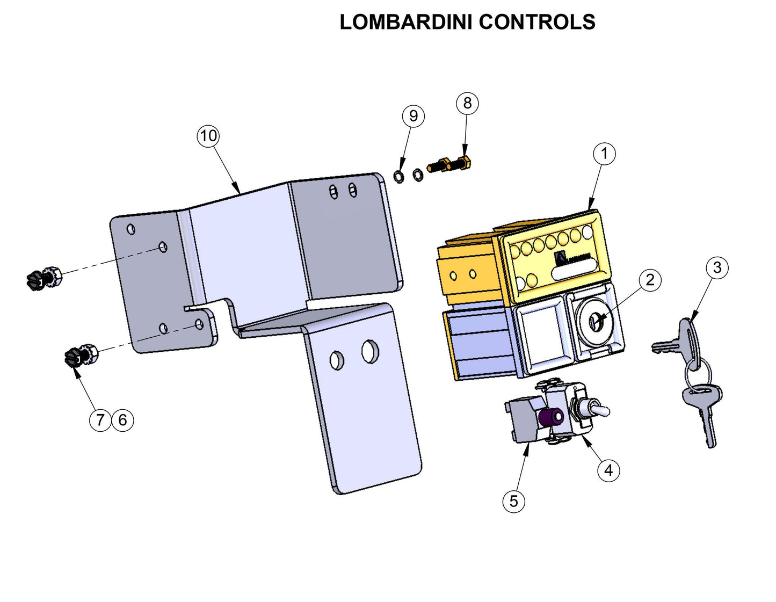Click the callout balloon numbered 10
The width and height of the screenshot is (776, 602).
point(208,136)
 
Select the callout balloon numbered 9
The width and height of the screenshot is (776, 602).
point(413,116)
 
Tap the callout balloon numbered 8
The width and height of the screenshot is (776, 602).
point(467,103)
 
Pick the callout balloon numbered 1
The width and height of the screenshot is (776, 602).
point(604,154)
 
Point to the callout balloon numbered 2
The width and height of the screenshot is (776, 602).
point(650,280)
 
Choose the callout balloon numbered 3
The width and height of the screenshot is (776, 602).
point(717,267)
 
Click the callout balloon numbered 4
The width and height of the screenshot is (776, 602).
point(608,470)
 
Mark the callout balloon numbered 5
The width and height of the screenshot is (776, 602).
point(513,502)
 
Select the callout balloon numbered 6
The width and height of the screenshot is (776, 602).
point(123,420)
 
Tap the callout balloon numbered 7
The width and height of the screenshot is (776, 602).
point(100,420)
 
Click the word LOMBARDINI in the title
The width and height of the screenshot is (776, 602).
point(406,22)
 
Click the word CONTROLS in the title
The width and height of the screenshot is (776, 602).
point(536,22)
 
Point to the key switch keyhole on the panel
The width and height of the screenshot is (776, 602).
point(596,321)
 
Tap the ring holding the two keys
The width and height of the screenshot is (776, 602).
point(698,371)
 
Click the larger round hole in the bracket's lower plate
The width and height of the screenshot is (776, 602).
point(369,351)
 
